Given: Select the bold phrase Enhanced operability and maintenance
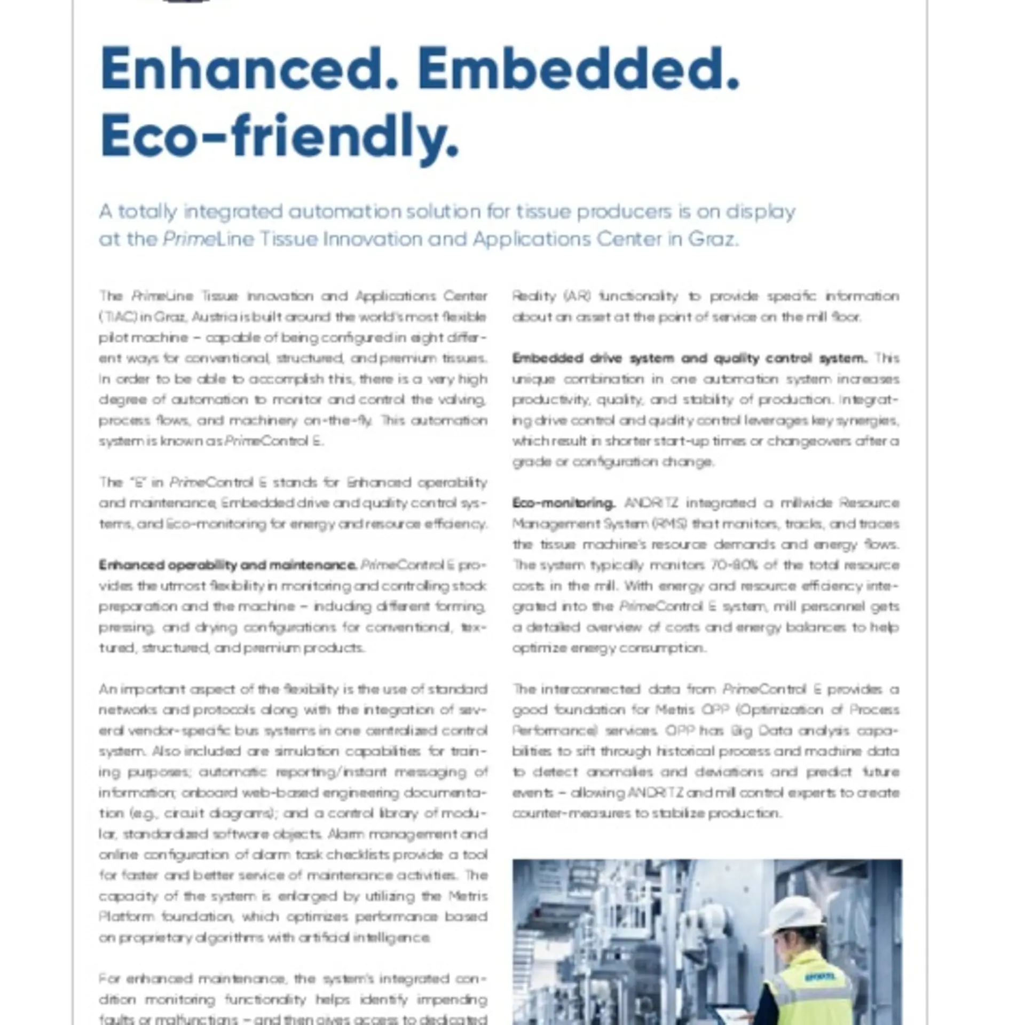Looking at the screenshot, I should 227,565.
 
